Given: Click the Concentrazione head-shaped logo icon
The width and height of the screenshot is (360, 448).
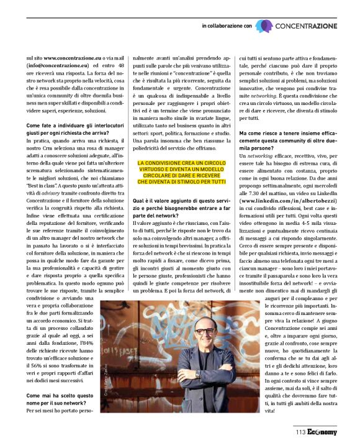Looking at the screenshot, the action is point(263,25).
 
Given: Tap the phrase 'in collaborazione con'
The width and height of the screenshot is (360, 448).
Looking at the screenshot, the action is point(227,26).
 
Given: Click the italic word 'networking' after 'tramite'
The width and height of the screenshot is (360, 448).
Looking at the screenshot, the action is point(262,97).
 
